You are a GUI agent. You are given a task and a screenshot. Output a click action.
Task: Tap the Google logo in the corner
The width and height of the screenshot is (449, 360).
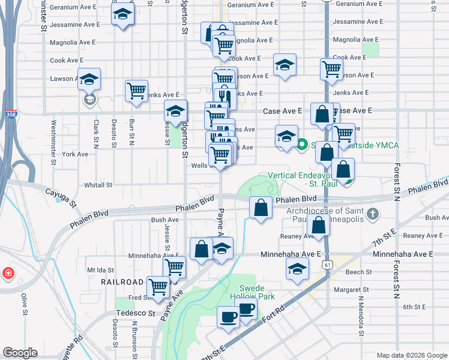(x=20, y=353)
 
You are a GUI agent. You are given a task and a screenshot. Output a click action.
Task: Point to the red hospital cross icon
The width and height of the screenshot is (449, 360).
(x=8, y=274)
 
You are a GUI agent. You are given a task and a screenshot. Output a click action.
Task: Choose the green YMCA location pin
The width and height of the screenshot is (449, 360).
(x=303, y=145)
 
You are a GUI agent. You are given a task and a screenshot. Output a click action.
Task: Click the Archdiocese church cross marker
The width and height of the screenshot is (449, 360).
(x=373, y=214)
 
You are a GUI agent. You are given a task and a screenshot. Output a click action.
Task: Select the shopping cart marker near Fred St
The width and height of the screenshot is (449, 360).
(x=158, y=287)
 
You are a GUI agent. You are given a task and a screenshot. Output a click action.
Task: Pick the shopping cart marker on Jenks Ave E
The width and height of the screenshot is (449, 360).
(x=137, y=91)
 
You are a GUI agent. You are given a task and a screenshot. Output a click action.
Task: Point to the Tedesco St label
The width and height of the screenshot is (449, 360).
(x=136, y=313)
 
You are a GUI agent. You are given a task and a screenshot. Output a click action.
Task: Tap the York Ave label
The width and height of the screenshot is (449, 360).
(x=75, y=154)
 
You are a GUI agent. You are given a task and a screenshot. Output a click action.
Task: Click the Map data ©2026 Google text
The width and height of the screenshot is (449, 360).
(x=411, y=355)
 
